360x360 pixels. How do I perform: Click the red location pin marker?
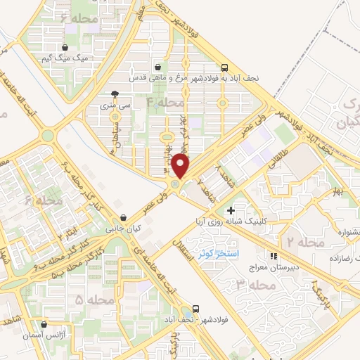click(181, 167)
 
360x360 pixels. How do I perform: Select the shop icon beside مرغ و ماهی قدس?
click(166, 67)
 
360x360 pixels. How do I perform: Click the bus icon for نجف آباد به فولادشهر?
click(224, 67)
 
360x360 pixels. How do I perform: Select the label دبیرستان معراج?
click(275, 268)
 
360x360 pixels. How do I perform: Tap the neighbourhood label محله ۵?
click(94, 300)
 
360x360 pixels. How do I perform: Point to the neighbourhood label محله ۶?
click(44, 201)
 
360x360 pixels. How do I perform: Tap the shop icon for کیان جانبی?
click(124, 217)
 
